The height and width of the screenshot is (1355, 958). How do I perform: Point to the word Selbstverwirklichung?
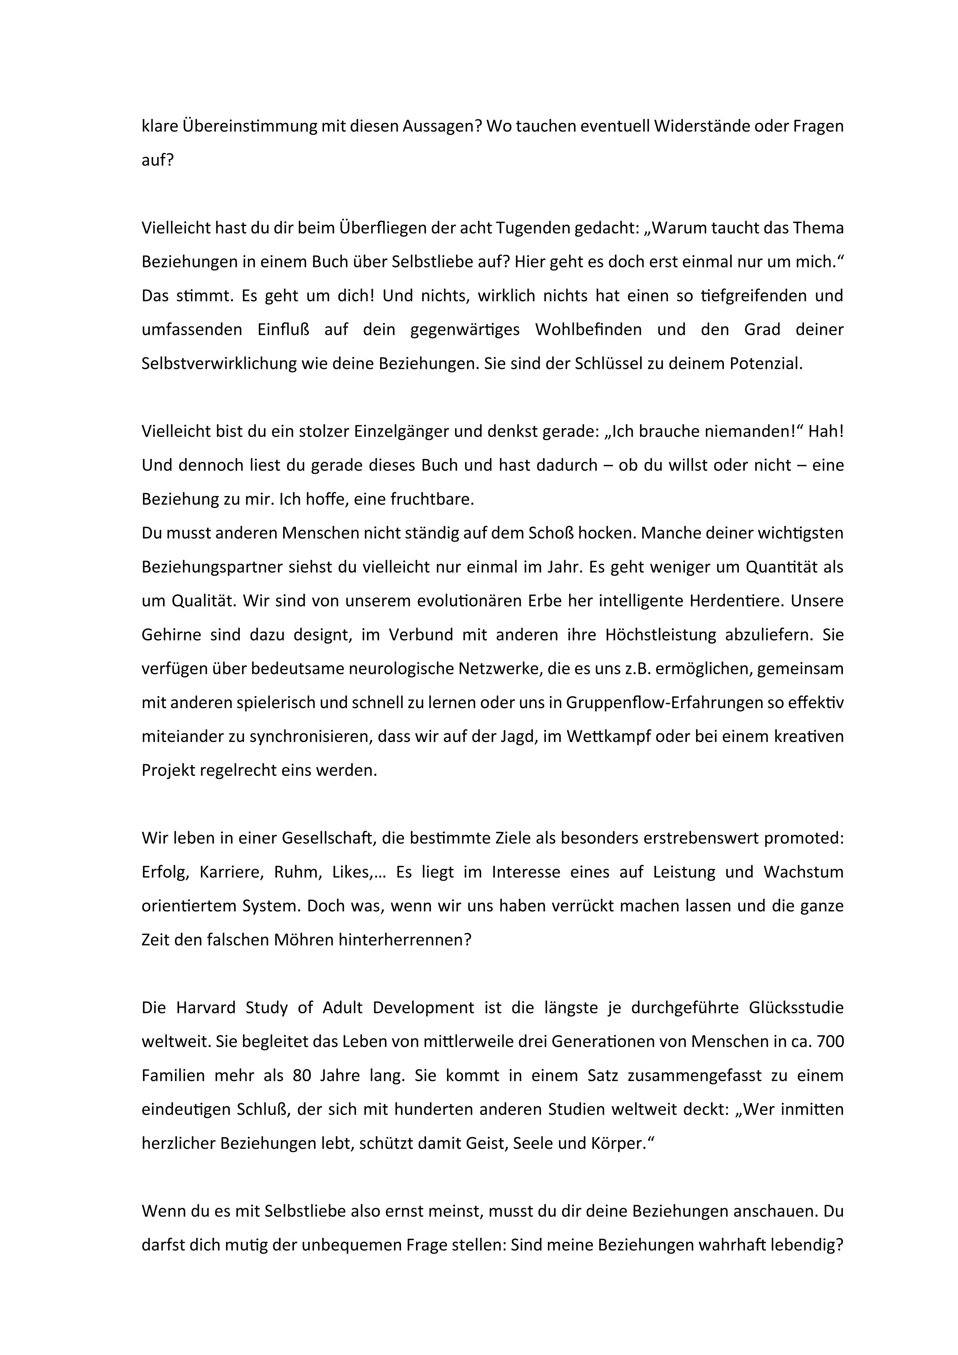(219, 364)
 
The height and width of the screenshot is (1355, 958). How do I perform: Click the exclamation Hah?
(826, 432)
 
